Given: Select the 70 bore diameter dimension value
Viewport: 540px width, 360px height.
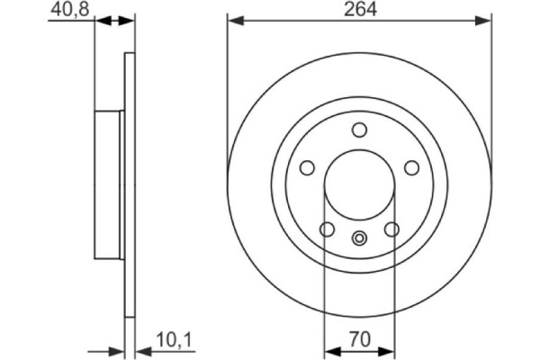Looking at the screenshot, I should tap(358, 340).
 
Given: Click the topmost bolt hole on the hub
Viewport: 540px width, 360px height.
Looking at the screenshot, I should tap(359, 129).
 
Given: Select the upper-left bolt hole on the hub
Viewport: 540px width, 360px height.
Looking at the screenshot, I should tap(306, 167).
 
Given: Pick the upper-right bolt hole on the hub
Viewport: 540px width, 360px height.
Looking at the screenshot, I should tap(412, 167).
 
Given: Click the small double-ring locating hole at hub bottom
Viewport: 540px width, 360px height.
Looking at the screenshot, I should tap(359, 238).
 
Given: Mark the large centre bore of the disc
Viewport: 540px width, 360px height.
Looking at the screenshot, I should tap(359, 184).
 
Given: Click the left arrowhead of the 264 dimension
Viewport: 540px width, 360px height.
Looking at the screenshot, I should tap(232, 20).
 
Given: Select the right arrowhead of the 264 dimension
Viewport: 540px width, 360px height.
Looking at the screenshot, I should tap(487, 20).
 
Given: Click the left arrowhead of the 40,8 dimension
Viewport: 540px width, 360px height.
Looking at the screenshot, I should tap(100, 20).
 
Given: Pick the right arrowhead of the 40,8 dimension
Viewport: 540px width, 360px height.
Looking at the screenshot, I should tap(128, 20).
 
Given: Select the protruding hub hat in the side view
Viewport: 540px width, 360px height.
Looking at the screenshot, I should tap(108, 184).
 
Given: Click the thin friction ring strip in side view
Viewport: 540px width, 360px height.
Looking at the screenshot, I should tap(128, 184).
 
